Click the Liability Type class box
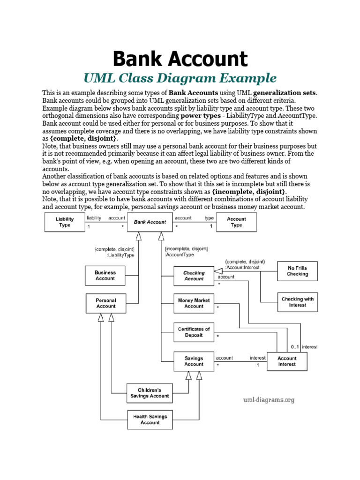pyautogui.click(x=65, y=222)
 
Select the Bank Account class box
pyautogui.click(x=150, y=222)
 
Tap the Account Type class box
pyautogui.click(x=236, y=222)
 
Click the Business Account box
pyautogui.click(x=105, y=275)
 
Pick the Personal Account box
pyautogui.click(x=105, y=303)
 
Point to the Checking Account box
pyautogui.click(x=194, y=276)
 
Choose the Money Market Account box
pyautogui.click(x=194, y=303)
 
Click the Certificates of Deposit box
pyautogui.click(x=194, y=332)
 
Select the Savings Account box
pyautogui.click(x=194, y=361)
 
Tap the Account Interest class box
pyautogui.click(x=287, y=361)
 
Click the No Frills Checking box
pyautogui.click(x=297, y=271)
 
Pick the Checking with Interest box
pyautogui.click(x=297, y=302)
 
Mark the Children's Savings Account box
pyautogui.click(x=149, y=393)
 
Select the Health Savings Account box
pyautogui.click(x=150, y=420)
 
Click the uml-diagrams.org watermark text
pyautogui.click(x=269, y=400)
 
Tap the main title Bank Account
pyautogui.click(x=180, y=59)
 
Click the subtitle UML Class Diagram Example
pyautogui.click(x=180, y=78)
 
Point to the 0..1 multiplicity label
pyautogui.click(x=295, y=347)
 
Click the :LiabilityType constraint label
pyautogui.click(x=121, y=255)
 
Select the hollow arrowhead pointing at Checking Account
pyautogui.click(x=218, y=271)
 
